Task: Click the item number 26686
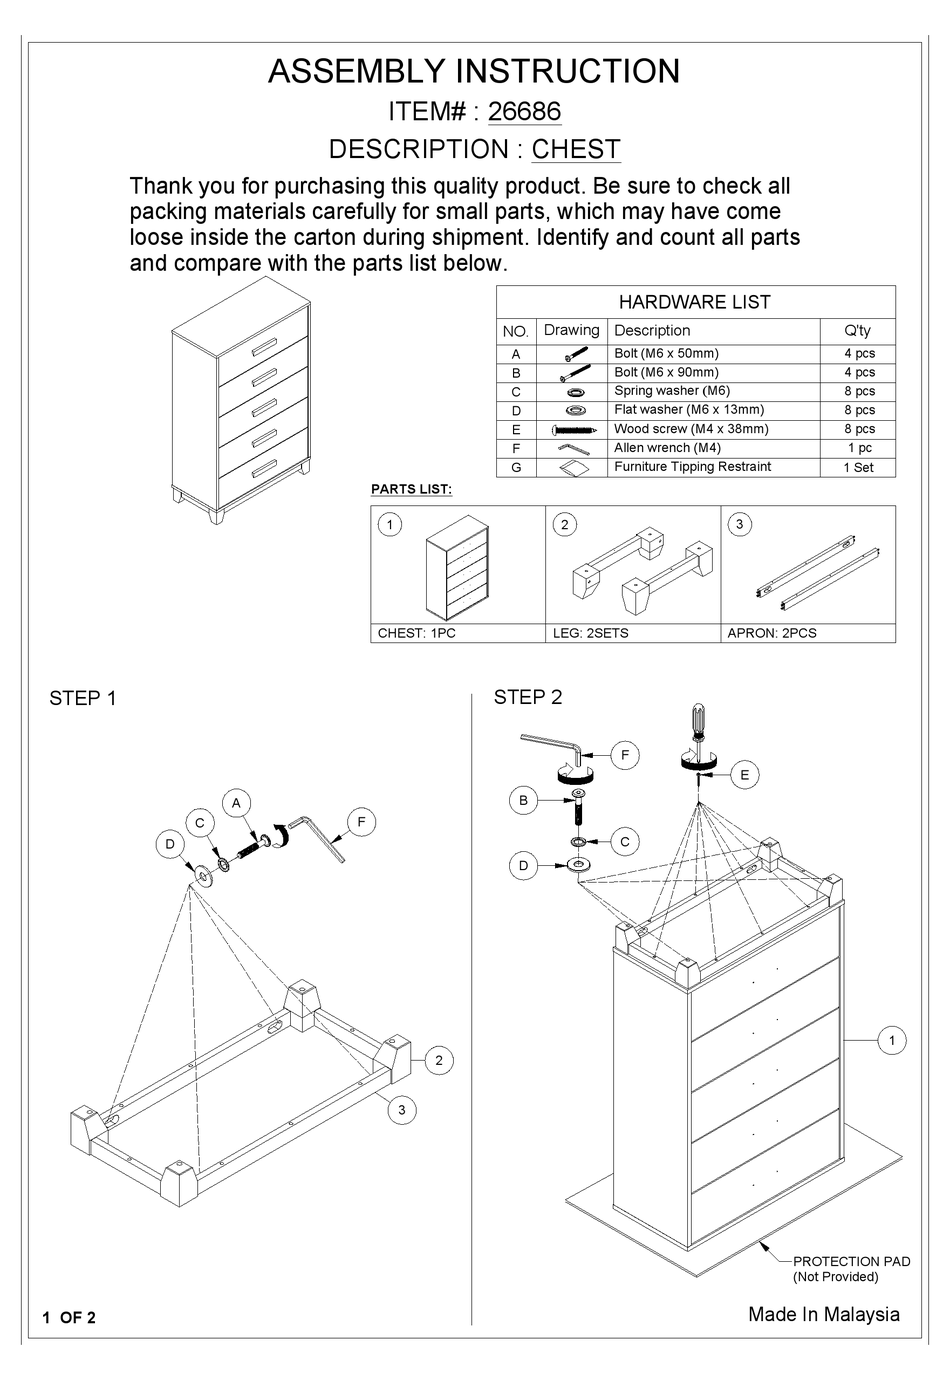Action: tap(524, 111)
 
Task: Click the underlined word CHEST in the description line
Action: tap(576, 149)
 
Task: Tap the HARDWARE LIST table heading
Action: tap(694, 302)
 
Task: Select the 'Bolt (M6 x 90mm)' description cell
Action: tap(666, 372)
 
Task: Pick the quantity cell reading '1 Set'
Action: tap(858, 467)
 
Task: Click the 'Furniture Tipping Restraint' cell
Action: tap(692, 467)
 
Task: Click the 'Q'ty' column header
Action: tap(858, 331)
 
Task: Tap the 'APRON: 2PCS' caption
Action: tap(772, 633)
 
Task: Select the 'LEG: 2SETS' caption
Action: tap(590, 633)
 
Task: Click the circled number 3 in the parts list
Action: tap(739, 524)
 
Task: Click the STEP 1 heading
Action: tap(83, 698)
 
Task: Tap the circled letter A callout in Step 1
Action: tap(236, 802)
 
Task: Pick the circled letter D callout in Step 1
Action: tap(170, 844)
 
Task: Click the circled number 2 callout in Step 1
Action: tap(438, 1061)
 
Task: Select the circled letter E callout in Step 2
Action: tap(744, 774)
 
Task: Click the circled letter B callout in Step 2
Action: tap(522, 800)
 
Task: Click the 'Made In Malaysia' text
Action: tap(823, 1314)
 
